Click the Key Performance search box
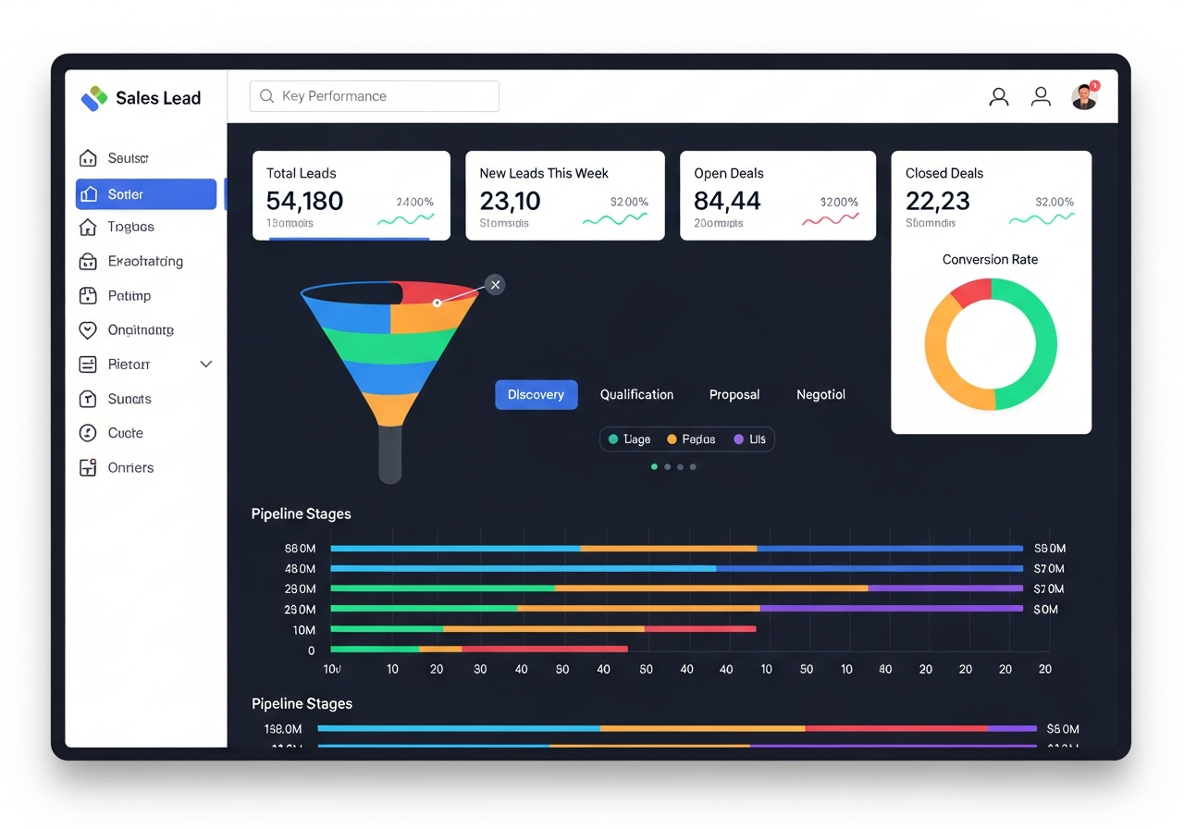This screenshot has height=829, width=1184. (374, 96)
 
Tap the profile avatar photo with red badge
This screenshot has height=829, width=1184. (1083, 97)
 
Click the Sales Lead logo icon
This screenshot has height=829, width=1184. (94, 98)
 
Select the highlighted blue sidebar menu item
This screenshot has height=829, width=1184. (146, 194)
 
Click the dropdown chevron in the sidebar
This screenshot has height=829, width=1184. (206, 365)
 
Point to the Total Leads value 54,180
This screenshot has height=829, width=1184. (304, 201)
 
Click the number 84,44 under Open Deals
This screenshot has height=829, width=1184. (727, 201)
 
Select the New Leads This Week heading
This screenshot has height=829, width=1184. (544, 173)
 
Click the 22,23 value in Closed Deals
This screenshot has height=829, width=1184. (937, 201)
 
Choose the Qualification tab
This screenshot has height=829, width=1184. (636, 394)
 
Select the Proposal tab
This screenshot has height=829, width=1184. (734, 394)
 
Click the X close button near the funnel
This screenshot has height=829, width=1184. (496, 285)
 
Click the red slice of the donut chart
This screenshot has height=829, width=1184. (971, 292)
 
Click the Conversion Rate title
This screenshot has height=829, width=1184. (990, 259)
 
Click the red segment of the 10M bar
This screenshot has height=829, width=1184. (700, 629)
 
